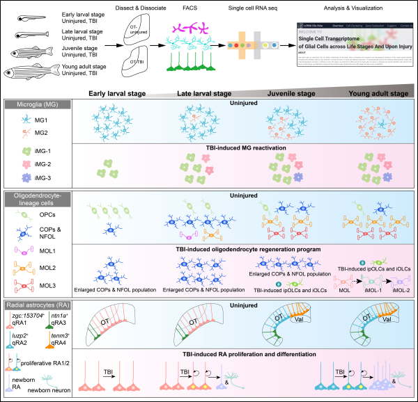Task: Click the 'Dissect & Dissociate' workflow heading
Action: point(144,9)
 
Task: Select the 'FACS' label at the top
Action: point(192,9)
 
